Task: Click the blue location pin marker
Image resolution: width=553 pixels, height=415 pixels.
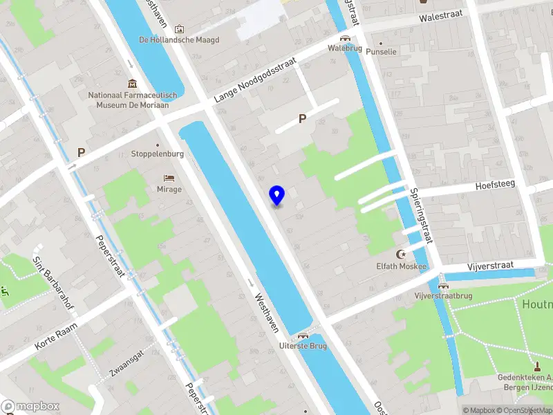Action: (x=276, y=196)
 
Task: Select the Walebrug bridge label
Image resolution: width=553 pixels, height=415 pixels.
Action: (x=344, y=48)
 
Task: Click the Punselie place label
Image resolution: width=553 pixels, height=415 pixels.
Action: (x=382, y=52)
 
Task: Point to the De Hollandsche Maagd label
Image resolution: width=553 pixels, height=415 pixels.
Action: (x=179, y=39)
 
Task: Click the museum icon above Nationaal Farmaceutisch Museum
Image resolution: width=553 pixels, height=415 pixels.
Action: (x=132, y=83)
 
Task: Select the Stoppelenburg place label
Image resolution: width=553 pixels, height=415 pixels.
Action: (x=158, y=154)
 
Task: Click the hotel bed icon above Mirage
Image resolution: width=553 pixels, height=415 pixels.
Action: (x=169, y=178)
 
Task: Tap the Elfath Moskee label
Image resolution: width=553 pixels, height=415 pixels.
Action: (x=401, y=266)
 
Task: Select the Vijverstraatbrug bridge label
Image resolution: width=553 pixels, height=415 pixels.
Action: (x=443, y=296)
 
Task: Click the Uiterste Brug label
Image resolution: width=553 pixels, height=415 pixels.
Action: (x=303, y=345)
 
